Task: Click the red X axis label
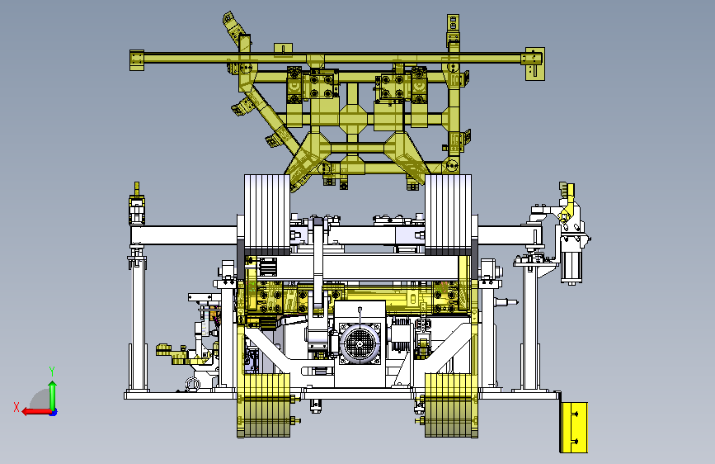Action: [x=16, y=407]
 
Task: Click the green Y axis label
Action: [x=52, y=372]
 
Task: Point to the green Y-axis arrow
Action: [x=53, y=396]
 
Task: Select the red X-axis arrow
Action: [x=37, y=412]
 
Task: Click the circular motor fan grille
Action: [x=360, y=343]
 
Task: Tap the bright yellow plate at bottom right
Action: [x=574, y=428]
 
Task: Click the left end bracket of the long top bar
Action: [x=137, y=60]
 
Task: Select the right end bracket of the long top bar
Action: [x=534, y=63]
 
